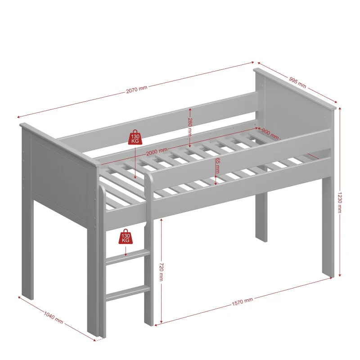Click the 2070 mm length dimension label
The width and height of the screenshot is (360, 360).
point(137,89)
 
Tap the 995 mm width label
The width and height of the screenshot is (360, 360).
point(297,82)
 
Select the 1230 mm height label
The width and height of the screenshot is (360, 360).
point(340,202)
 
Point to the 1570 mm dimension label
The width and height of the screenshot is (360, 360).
point(242,301)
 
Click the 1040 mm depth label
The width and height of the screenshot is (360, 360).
point(54,318)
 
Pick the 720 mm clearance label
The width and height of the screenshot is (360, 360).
point(161,272)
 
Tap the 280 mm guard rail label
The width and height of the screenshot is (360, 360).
point(190,127)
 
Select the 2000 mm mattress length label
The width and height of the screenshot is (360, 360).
point(157,152)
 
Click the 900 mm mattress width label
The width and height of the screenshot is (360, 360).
point(270,134)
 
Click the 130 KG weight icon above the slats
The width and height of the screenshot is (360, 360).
point(135,137)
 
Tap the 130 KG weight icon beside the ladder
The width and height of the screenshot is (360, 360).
point(126,236)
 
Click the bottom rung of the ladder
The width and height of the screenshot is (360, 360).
point(128,293)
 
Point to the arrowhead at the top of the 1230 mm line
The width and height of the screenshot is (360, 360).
point(340,108)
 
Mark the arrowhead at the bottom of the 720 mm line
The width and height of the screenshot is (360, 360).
point(161,321)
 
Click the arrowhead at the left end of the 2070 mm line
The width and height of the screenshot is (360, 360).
point(19,117)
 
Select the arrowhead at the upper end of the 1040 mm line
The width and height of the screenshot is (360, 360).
point(20,298)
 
